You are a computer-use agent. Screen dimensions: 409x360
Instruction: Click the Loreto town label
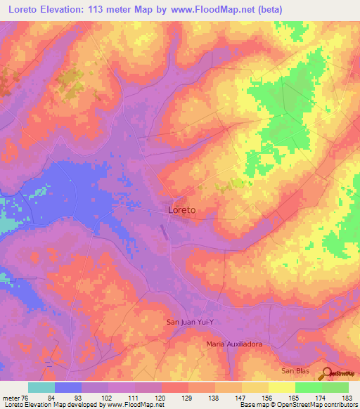182,209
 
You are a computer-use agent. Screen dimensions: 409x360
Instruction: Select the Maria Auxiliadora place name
234,344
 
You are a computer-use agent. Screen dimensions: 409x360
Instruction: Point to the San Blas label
295,370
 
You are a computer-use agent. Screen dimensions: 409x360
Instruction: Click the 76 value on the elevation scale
27,398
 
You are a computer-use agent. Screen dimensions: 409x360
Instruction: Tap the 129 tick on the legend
188,398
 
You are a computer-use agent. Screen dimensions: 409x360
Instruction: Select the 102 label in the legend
108,398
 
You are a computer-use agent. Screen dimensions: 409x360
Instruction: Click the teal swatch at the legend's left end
41,387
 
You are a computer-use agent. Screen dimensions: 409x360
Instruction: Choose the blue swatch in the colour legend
68,387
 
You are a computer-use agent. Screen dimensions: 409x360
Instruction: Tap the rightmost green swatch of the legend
335,387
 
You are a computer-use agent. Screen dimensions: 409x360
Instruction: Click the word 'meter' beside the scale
10,398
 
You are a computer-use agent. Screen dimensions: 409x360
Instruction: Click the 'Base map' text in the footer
256,405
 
